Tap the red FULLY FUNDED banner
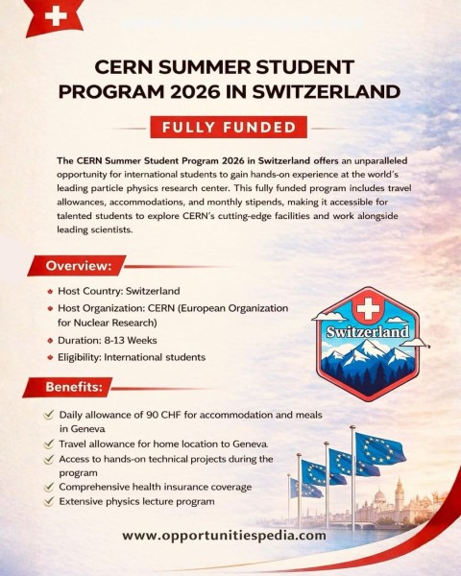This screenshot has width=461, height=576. click(229, 127)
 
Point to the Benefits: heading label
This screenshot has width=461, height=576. click(75, 387)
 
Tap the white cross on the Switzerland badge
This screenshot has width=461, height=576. click(367, 309)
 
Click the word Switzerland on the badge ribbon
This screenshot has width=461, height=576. click(367, 333)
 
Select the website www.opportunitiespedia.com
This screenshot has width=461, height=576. click(225, 535)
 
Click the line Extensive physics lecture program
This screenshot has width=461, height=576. click(136, 501)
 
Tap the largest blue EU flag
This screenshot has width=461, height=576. click(379, 448)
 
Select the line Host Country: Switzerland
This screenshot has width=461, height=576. click(118, 291)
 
